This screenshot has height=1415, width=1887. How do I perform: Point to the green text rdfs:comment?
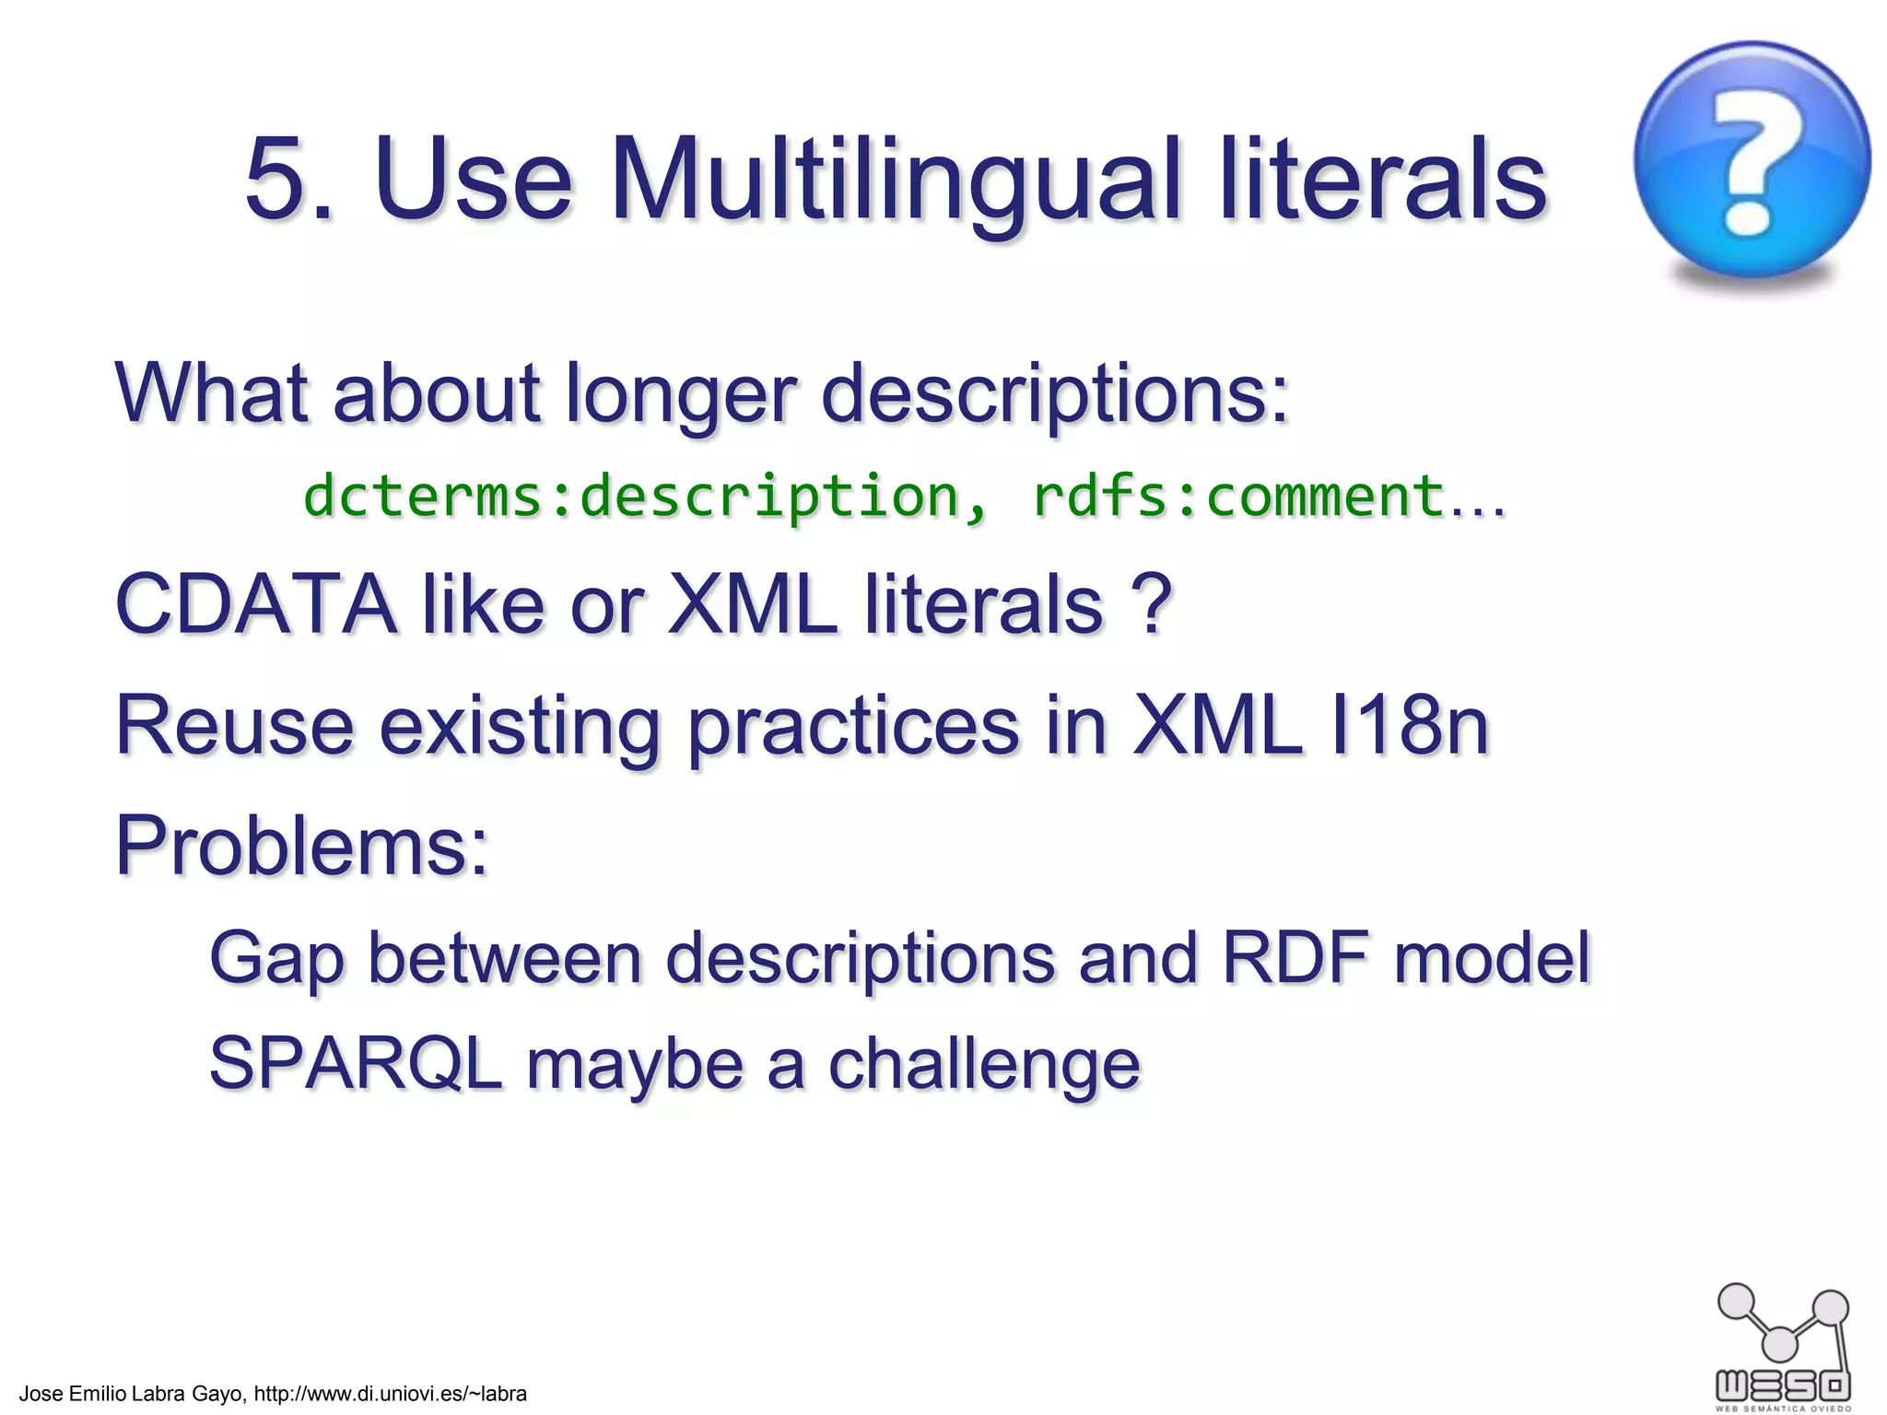(1237, 496)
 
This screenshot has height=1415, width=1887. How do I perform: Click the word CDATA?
(255, 605)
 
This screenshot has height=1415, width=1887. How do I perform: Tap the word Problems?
(301, 846)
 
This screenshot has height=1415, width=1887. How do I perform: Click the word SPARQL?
(356, 1064)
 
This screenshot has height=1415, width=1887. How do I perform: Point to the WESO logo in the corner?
(1783, 1345)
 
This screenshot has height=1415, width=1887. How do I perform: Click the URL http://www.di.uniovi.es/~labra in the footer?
(390, 1394)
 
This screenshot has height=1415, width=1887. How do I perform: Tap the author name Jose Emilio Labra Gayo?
(132, 1394)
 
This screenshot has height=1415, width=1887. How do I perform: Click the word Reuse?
(234, 726)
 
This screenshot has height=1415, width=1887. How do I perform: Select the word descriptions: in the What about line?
(1054, 394)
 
